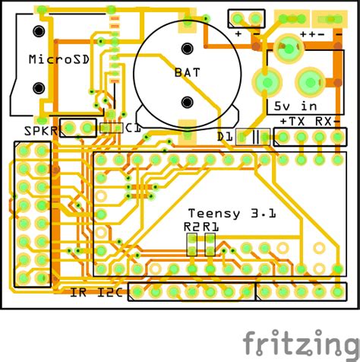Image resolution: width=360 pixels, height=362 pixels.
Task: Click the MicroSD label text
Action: pos(59,59)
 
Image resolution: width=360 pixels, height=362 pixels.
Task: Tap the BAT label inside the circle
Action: pos(188,73)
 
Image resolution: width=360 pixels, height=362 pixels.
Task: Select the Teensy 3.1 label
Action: pos(232,214)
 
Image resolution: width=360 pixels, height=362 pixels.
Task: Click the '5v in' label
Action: pos(295,106)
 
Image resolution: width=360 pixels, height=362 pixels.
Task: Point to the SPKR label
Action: pos(41,131)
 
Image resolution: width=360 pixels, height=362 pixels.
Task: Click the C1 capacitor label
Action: pos(133,129)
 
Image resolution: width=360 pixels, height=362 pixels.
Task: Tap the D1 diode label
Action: pos(225,137)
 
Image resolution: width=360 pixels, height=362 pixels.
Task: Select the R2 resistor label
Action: pos(191,227)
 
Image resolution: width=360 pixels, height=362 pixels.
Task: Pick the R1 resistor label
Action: pos(211,227)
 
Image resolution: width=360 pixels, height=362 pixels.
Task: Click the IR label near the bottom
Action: pos(78,293)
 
